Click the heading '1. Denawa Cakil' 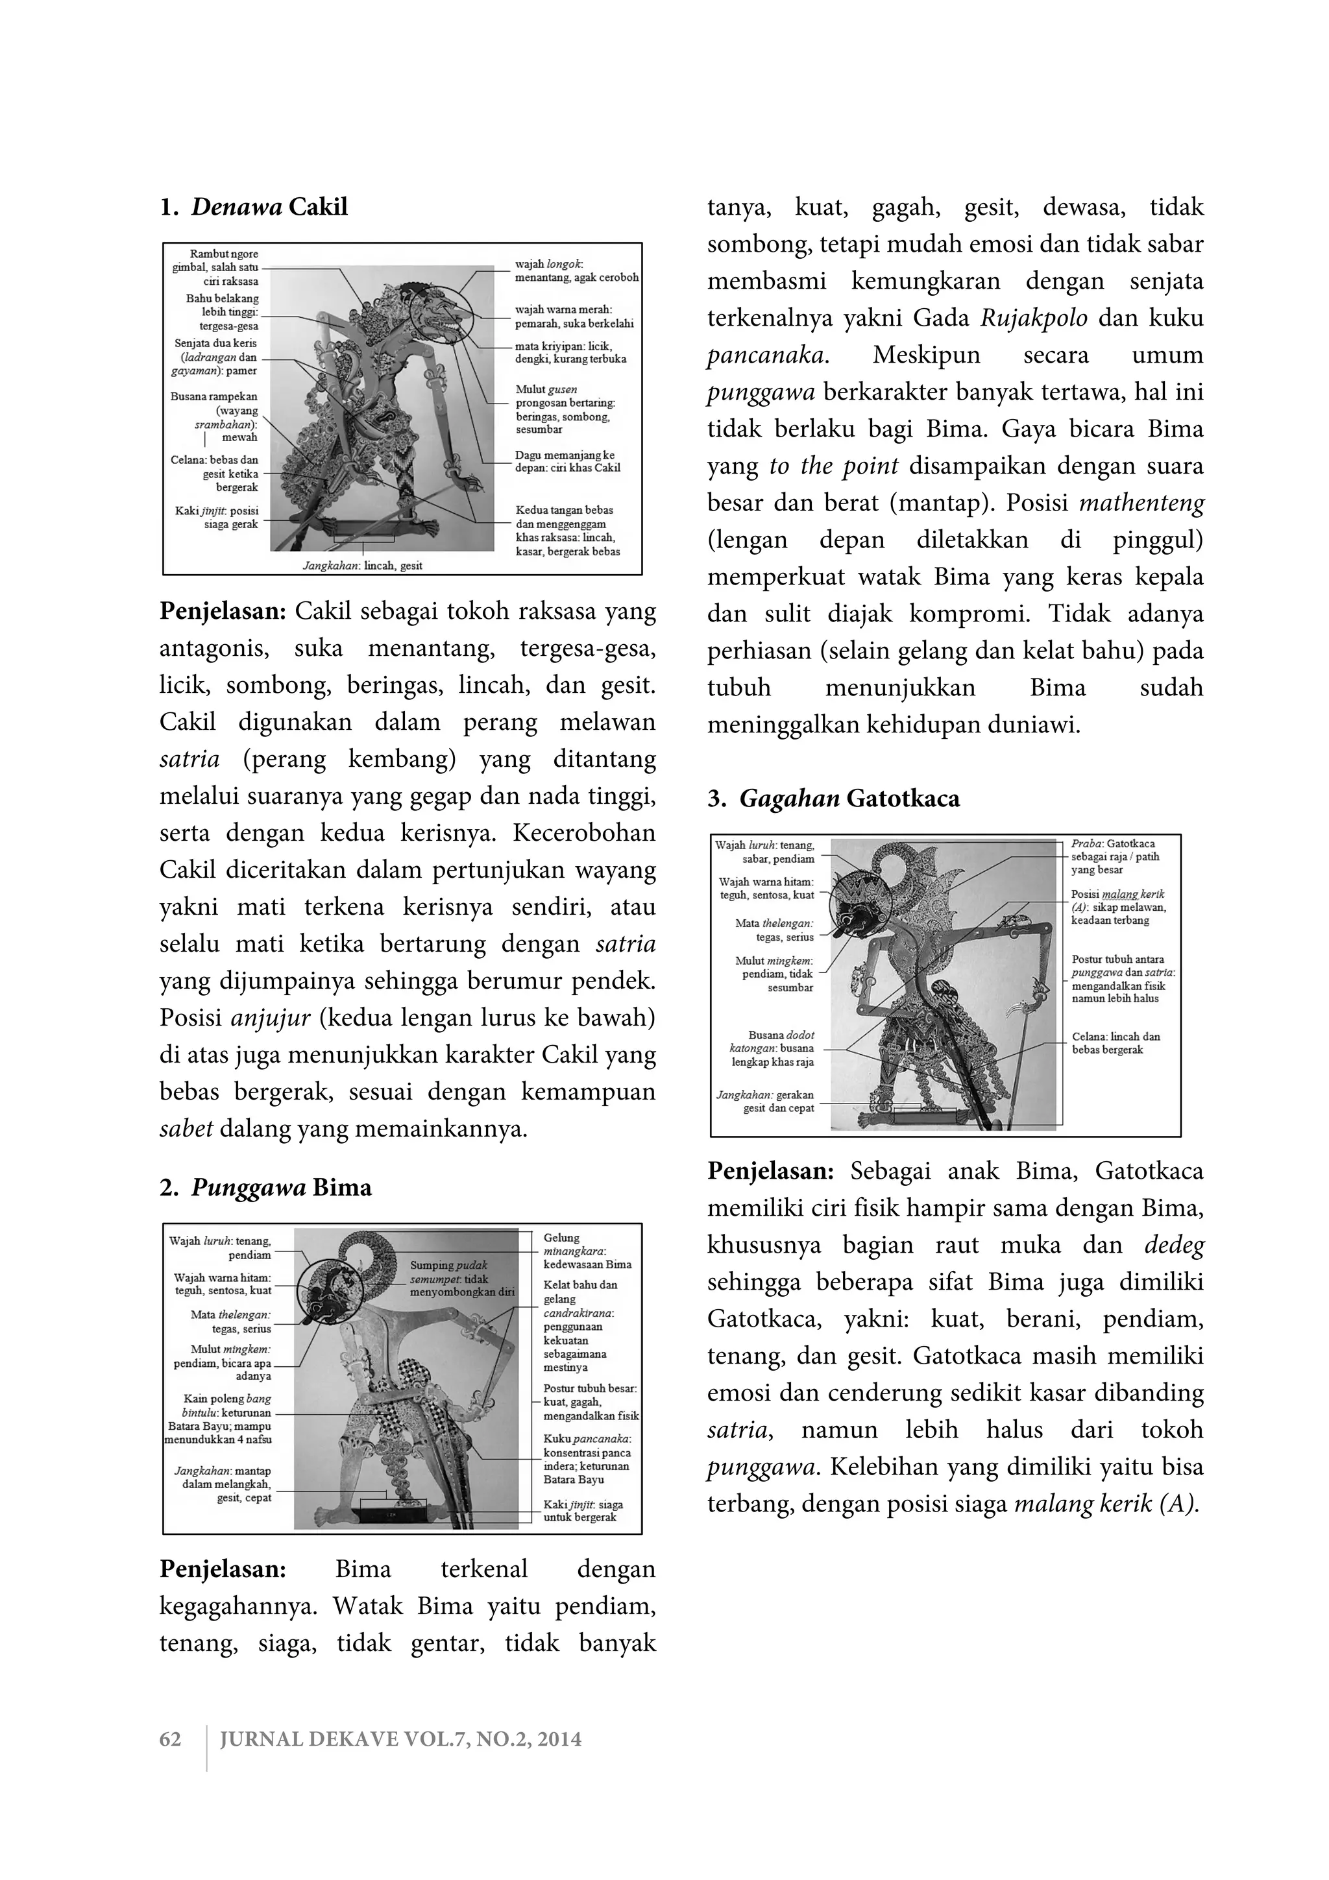[x=254, y=207]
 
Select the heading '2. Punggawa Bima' [x=265, y=1188]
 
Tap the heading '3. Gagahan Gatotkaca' [x=834, y=799]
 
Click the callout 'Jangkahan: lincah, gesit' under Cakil [x=362, y=565]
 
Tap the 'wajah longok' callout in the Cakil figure [x=575, y=271]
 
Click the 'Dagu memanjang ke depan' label [x=567, y=461]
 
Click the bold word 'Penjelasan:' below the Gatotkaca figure [x=770, y=1171]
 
